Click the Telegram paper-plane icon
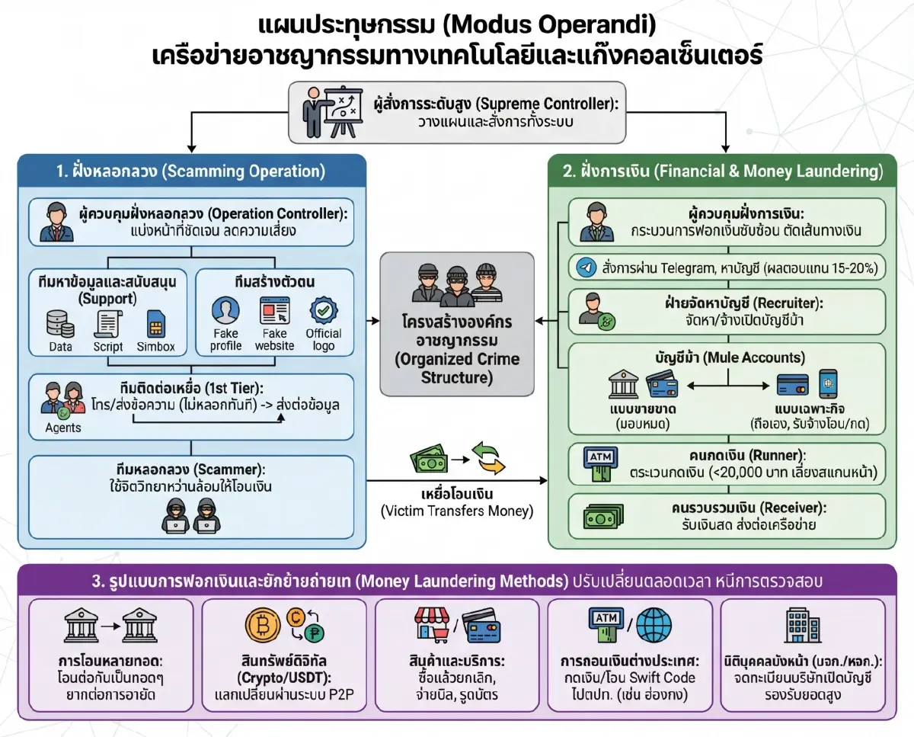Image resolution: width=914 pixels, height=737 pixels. tap(585, 268)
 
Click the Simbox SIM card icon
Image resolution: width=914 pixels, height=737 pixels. tap(155, 325)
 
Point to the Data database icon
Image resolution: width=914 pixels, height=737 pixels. tap(60, 323)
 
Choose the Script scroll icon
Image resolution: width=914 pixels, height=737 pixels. tap(107, 323)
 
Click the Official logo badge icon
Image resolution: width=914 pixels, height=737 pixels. tap(324, 312)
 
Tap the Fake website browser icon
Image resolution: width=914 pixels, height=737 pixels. tap(274, 313)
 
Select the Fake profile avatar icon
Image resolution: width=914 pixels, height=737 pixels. tap(225, 312)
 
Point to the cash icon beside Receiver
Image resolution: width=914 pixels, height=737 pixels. tap(599, 518)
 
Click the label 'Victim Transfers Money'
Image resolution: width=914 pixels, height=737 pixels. tap(457, 511)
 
